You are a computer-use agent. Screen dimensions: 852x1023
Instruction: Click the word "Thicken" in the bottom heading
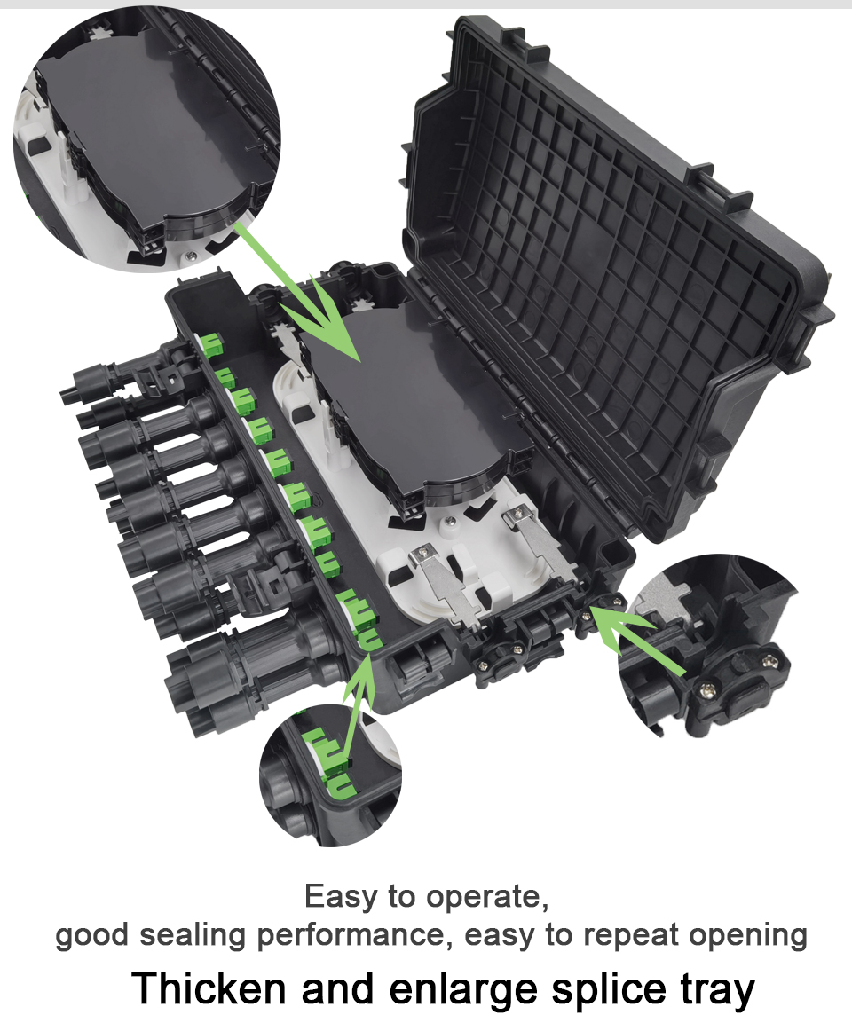point(209,988)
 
